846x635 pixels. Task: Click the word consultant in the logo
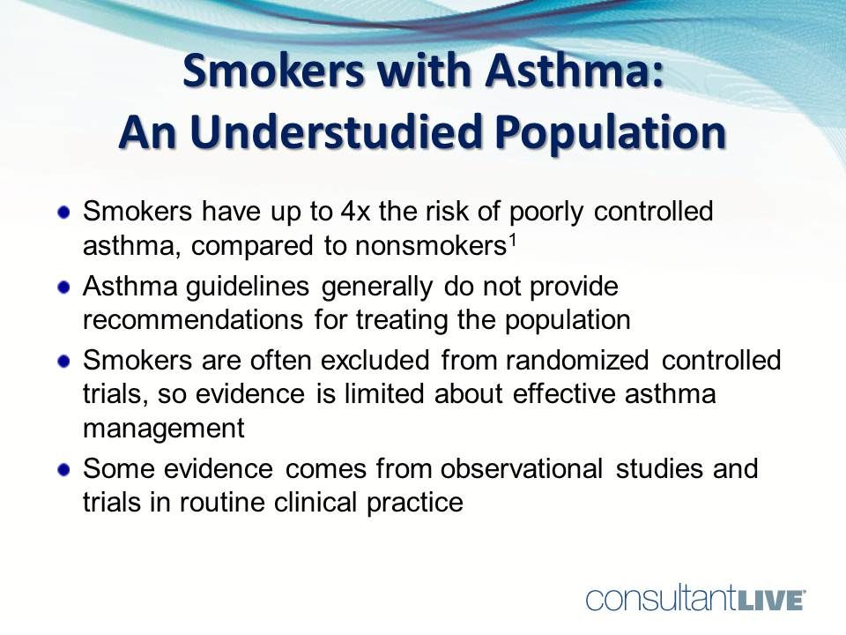657,599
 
